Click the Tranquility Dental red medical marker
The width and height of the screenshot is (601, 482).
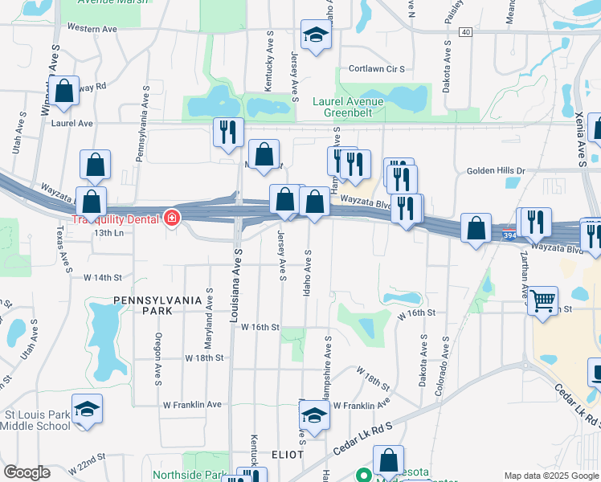[171, 218]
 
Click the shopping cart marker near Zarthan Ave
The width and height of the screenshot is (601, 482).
[543, 301]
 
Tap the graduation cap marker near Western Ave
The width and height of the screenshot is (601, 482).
[316, 35]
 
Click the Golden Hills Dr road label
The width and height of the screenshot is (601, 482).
[496, 171]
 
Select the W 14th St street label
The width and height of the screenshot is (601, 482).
[102, 277]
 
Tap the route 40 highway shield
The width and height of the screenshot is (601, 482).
[465, 32]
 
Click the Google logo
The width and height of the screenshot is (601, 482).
[27, 472]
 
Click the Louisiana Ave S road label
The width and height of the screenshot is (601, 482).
[237, 285]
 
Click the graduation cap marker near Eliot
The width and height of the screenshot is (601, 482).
[314, 415]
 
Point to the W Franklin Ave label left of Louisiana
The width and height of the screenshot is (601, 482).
[192, 405]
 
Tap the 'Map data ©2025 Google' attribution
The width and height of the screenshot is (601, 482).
[551, 475]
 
